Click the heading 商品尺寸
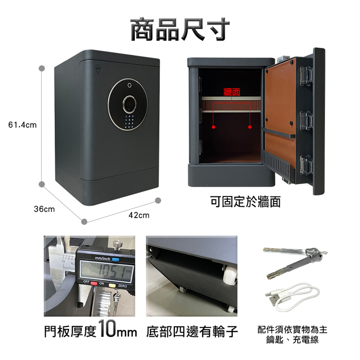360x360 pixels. [180, 29]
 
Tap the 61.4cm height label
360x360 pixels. [22, 125]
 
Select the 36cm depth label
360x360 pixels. [44, 209]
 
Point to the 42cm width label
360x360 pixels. [139, 215]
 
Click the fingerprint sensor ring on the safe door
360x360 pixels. [130, 104]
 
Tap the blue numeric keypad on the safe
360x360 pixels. [129, 122]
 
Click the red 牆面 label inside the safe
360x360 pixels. [231, 92]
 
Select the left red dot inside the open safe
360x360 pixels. [213, 127]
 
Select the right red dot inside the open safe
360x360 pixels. [250, 127]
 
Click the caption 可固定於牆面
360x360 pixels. [245, 202]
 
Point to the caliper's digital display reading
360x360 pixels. [106, 271]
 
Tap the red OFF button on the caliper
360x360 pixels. [94, 283]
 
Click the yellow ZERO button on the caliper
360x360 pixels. [112, 285]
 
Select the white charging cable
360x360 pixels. [292, 297]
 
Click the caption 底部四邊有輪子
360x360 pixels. [192, 332]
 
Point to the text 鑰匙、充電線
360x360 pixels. [292, 340]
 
